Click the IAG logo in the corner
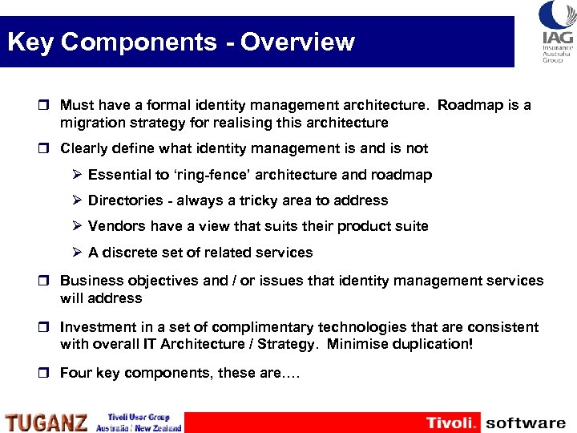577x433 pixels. tap(556, 31)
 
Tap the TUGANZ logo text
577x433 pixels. tap(46, 422)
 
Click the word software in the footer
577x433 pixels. tap(526, 423)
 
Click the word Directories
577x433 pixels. tap(126, 200)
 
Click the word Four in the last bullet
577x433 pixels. tap(75, 373)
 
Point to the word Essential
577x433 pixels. tap(120, 175)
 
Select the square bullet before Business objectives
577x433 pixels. tap(49, 281)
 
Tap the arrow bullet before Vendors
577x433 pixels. tap(77, 226)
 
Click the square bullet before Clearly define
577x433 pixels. tap(49, 148)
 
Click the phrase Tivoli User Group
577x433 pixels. tap(138, 418)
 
